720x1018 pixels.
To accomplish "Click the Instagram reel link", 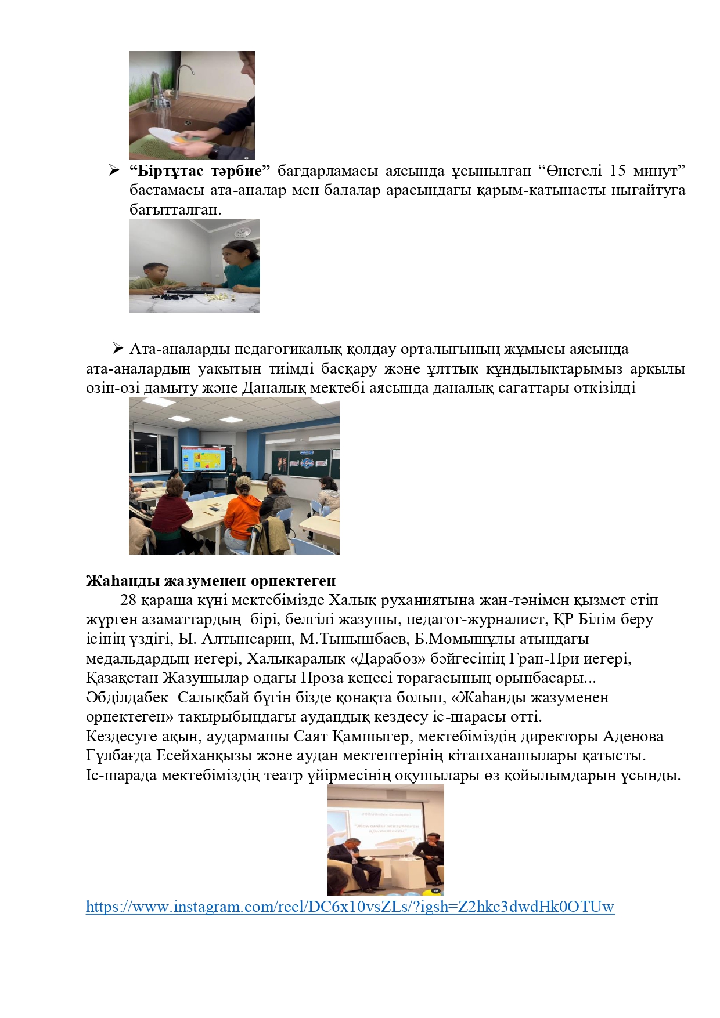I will click(x=350, y=907).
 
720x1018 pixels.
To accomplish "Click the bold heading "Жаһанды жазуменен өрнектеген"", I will click(x=211, y=581).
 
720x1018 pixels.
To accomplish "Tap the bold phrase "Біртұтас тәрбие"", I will click(x=200, y=171).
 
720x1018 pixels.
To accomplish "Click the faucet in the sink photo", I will click(x=157, y=87).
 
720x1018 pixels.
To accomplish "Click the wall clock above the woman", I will click(x=242, y=232).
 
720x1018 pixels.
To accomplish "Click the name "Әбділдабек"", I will click(x=127, y=698).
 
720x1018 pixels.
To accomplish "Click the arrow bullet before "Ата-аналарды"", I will click(x=118, y=349).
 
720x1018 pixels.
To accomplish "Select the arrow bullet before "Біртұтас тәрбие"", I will click(x=113, y=171).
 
